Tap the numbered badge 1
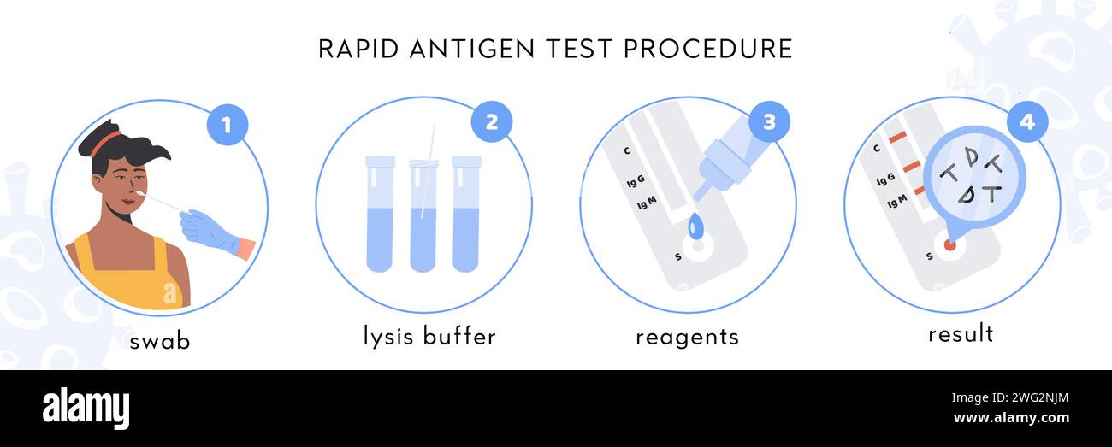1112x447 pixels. pos(227,125)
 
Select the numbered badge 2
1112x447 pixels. pos(491,121)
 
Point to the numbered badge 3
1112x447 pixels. pos(769,121)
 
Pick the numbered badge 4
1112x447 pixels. pos(1026,121)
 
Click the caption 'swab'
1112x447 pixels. pos(160,341)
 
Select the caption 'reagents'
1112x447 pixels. pos(687,337)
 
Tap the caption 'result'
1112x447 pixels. pos(961,333)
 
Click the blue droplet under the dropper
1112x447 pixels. pos(695,226)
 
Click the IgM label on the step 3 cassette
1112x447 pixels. pos(647,203)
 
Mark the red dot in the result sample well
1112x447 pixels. pos(949,245)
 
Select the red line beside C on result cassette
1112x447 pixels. pos(896,138)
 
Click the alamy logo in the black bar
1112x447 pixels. pos(86,409)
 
